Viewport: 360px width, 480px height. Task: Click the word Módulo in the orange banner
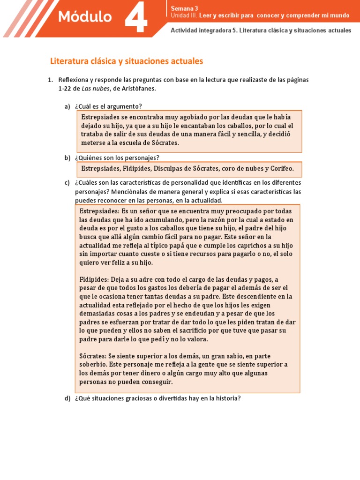(x=85, y=17)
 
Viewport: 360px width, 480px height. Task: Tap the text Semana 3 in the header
(x=181, y=8)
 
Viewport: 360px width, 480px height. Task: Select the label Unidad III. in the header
(x=184, y=15)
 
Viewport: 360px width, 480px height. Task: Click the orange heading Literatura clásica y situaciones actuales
(x=127, y=61)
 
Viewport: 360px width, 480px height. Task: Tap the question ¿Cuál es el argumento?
(x=108, y=106)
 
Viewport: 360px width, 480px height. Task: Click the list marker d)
(x=67, y=399)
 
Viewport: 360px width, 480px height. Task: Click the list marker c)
(x=67, y=182)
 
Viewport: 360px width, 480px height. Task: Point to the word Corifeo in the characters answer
(x=280, y=168)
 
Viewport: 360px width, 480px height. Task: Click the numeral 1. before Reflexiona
(x=50, y=80)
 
